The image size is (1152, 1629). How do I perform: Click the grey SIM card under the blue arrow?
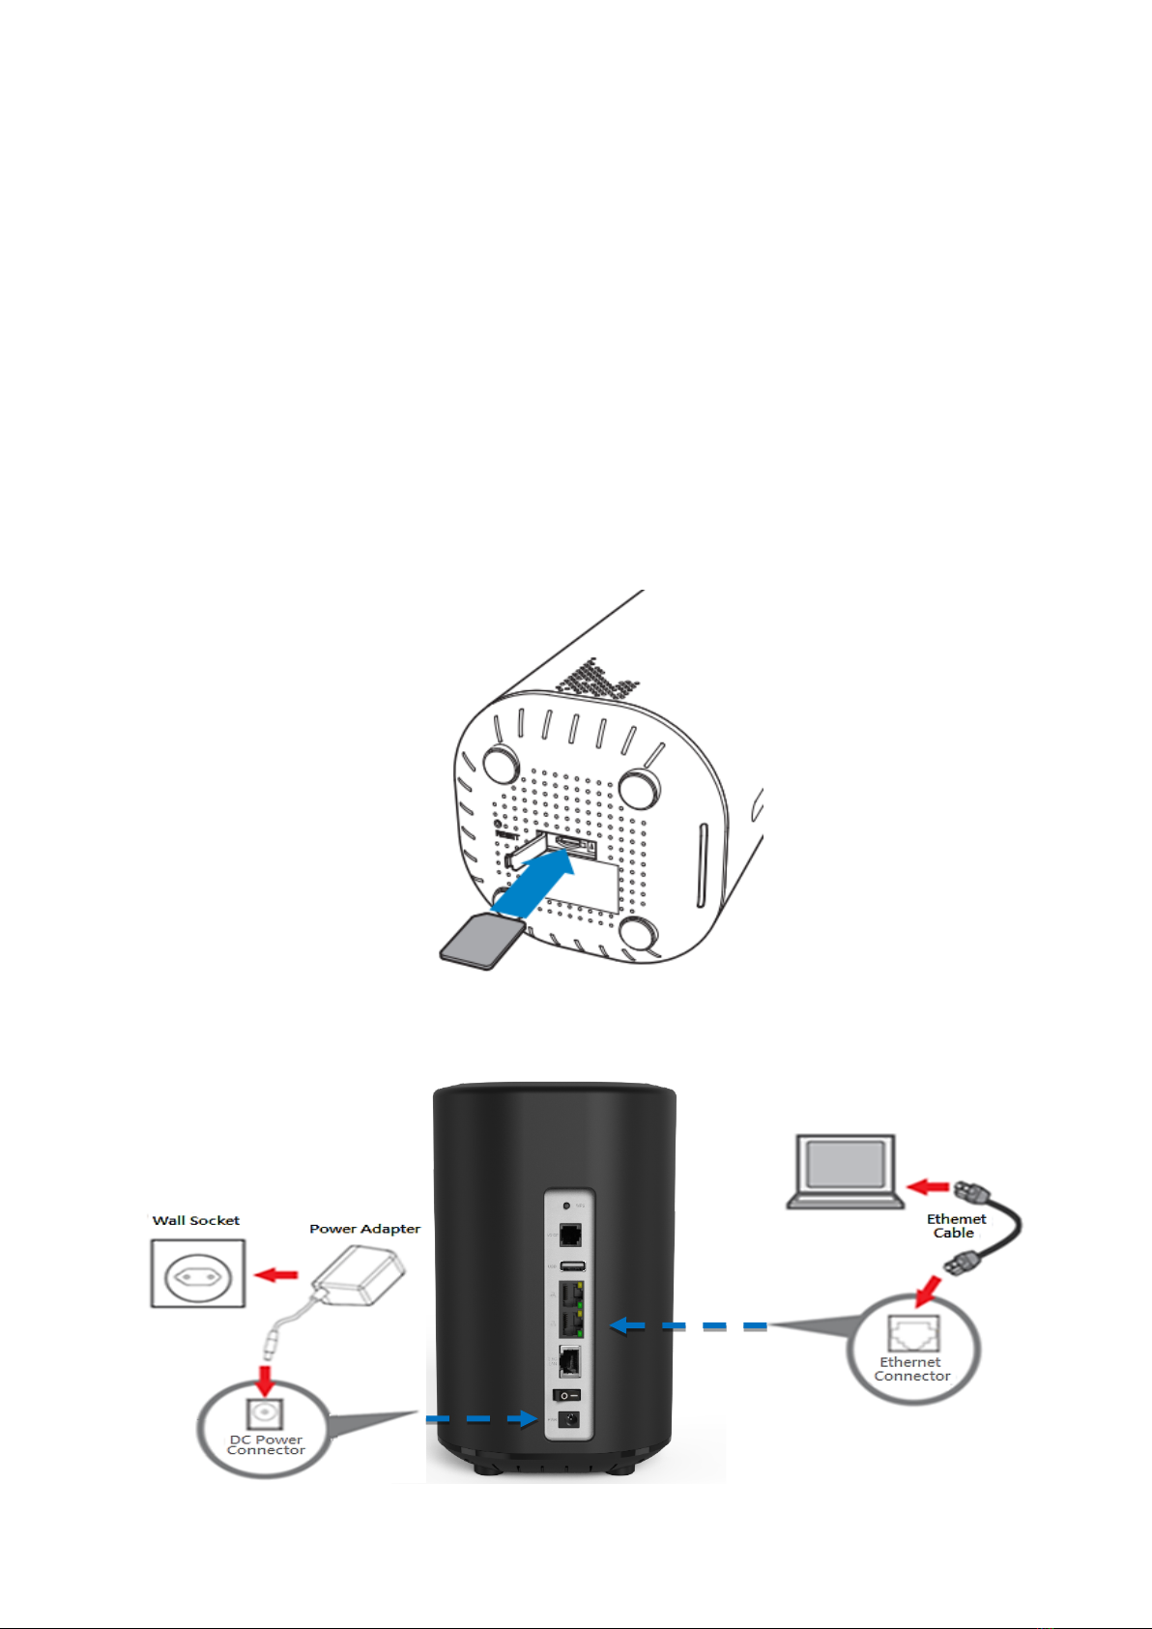(480, 941)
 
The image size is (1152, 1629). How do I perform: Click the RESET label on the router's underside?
(507, 834)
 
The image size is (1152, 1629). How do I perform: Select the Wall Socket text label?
(196, 1221)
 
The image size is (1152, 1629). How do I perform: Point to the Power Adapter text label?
(364, 1229)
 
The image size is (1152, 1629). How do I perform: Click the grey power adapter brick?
(360, 1272)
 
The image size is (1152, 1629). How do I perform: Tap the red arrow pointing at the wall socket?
(275, 1275)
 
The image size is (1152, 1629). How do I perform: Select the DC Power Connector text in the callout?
(266, 1444)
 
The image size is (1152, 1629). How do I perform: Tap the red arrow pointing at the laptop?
(930, 1186)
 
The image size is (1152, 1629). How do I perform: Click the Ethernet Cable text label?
(956, 1226)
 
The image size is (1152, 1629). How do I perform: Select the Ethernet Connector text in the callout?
(911, 1369)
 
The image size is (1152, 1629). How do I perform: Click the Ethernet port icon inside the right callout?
(913, 1334)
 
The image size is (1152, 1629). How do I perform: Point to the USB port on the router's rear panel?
(572, 1265)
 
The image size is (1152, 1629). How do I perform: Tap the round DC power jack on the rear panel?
(570, 1418)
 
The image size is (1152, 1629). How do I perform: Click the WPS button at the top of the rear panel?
(566, 1207)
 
